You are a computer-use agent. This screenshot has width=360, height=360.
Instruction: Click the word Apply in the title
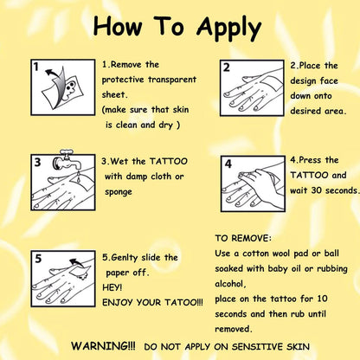[x=228, y=29]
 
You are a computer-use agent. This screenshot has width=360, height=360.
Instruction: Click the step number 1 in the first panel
[x=36, y=67]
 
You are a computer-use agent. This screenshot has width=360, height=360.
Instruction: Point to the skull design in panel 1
[x=70, y=87]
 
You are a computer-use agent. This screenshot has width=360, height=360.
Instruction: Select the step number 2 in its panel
[x=227, y=67]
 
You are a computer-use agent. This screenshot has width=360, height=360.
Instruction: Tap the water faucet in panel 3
[x=67, y=160]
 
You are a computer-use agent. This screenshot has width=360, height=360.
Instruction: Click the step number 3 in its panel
[x=37, y=162]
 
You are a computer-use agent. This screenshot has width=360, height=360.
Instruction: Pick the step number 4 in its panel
[x=228, y=164]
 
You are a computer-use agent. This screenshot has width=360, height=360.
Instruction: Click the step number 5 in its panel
[x=38, y=259]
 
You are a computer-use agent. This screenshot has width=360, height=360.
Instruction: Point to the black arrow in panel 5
[x=77, y=262]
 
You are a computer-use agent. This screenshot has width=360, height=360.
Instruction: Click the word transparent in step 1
[x=172, y=80]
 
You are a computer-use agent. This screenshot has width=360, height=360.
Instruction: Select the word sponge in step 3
[x=119, y=192]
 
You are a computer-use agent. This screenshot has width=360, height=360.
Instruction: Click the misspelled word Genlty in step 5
[x=125, y=258]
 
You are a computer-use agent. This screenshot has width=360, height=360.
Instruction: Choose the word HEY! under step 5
[x=112, y=287]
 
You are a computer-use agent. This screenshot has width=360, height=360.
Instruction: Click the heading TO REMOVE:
[x=243, y=238]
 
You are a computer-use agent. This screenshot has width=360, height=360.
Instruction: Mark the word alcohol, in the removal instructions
[x=230, y=284]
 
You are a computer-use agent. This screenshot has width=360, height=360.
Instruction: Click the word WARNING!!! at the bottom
[x=103, y=345]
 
